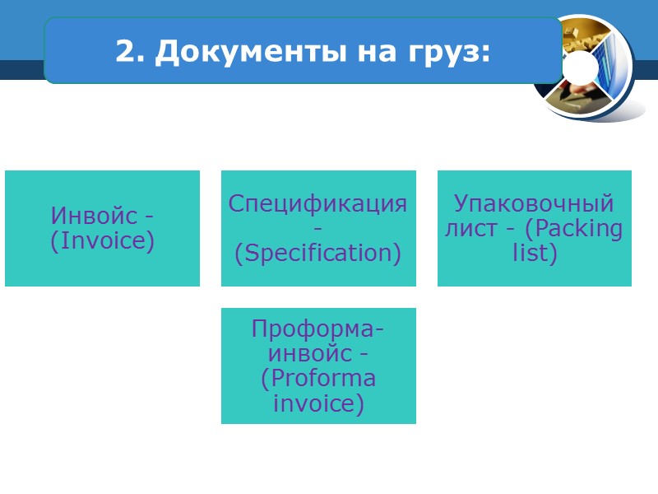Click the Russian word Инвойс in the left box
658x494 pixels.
pos(93,216)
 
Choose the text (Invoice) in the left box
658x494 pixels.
pos(102,242)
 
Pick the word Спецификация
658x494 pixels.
pos(317,203)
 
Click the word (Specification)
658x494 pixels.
pos(317,254)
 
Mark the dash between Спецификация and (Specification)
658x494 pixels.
pos(318,228)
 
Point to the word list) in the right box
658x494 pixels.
pos(535,253)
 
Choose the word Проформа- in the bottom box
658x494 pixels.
pos(317,329)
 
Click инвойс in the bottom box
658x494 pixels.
pos(309,354)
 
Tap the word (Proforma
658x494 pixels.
pos(318,379)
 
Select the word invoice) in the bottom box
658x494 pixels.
pos(317,404)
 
